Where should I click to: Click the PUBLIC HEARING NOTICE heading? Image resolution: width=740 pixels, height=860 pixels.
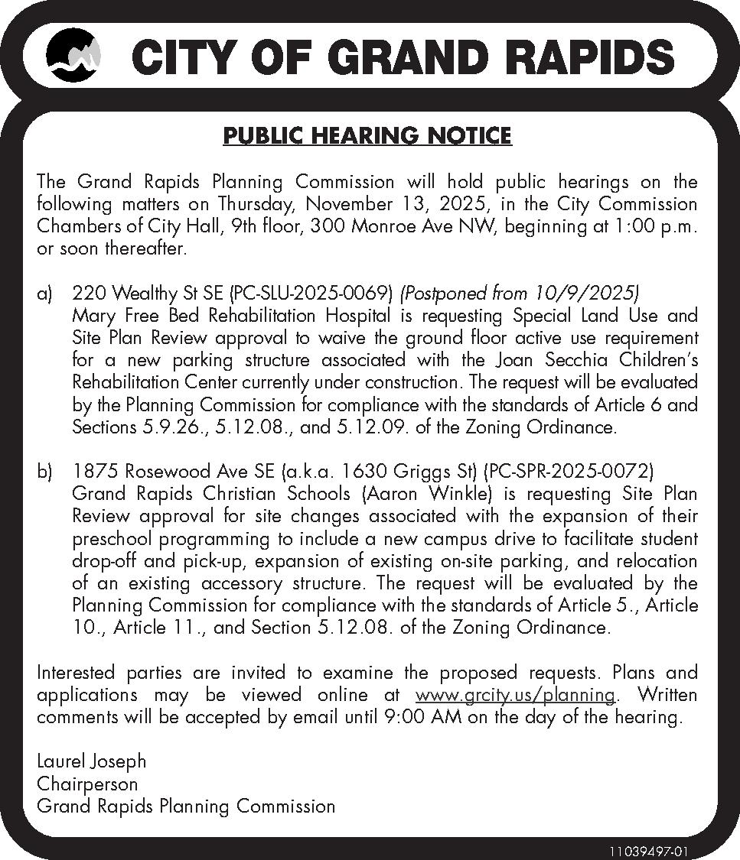coord(367,136)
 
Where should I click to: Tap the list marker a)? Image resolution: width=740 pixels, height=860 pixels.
coord(45,294)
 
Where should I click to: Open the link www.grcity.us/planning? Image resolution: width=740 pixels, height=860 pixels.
coord(516,696)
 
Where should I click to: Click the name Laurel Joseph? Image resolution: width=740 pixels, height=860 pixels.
coord(91,762)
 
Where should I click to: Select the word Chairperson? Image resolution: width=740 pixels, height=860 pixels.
coord(87,784)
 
